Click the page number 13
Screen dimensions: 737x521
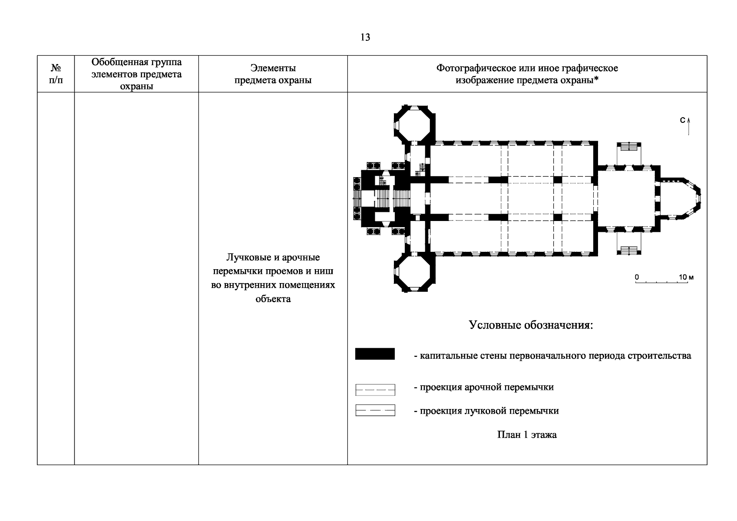[x=365, y=37]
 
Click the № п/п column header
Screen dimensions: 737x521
[x=56, y=74]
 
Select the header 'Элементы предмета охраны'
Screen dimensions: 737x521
[x=273, y=74]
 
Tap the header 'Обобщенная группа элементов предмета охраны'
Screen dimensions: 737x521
[x=136, y=74]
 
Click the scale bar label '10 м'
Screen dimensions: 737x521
[x=686, y=277]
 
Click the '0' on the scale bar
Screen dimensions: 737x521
[x=637, y=277]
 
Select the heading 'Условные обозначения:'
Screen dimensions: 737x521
[x=531, y=325]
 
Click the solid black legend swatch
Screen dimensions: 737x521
[x=375, y=353]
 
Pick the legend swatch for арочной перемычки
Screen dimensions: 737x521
[x=375, y=390]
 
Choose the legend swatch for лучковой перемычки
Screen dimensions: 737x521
[x=375, y=410]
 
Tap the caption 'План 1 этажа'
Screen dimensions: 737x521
[x=527, y=435]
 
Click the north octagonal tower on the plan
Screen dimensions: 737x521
[x=414, y=125]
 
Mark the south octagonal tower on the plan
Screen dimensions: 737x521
[x=414, y=272]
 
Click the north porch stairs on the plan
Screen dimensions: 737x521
[x=629, y=147]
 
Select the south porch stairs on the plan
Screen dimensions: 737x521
[x=629, y=251]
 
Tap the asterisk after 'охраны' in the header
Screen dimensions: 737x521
[x=596, y=79]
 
